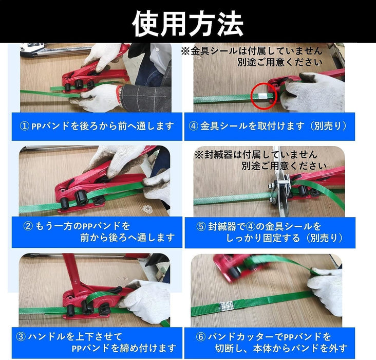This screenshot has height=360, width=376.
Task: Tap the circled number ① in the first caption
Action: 25,126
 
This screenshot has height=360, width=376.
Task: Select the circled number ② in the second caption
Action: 28,226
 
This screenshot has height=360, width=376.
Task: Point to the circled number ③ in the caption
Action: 21,337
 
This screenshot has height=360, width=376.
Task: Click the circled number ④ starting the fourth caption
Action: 193,126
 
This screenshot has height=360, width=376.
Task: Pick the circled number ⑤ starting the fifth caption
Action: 201,226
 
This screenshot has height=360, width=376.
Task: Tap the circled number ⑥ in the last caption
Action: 201,337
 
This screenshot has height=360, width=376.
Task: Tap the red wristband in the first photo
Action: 119,94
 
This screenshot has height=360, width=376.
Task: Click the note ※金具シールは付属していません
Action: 252,51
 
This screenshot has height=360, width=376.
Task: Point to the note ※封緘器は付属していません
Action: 256,155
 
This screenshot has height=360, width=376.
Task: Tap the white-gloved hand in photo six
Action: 327,291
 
